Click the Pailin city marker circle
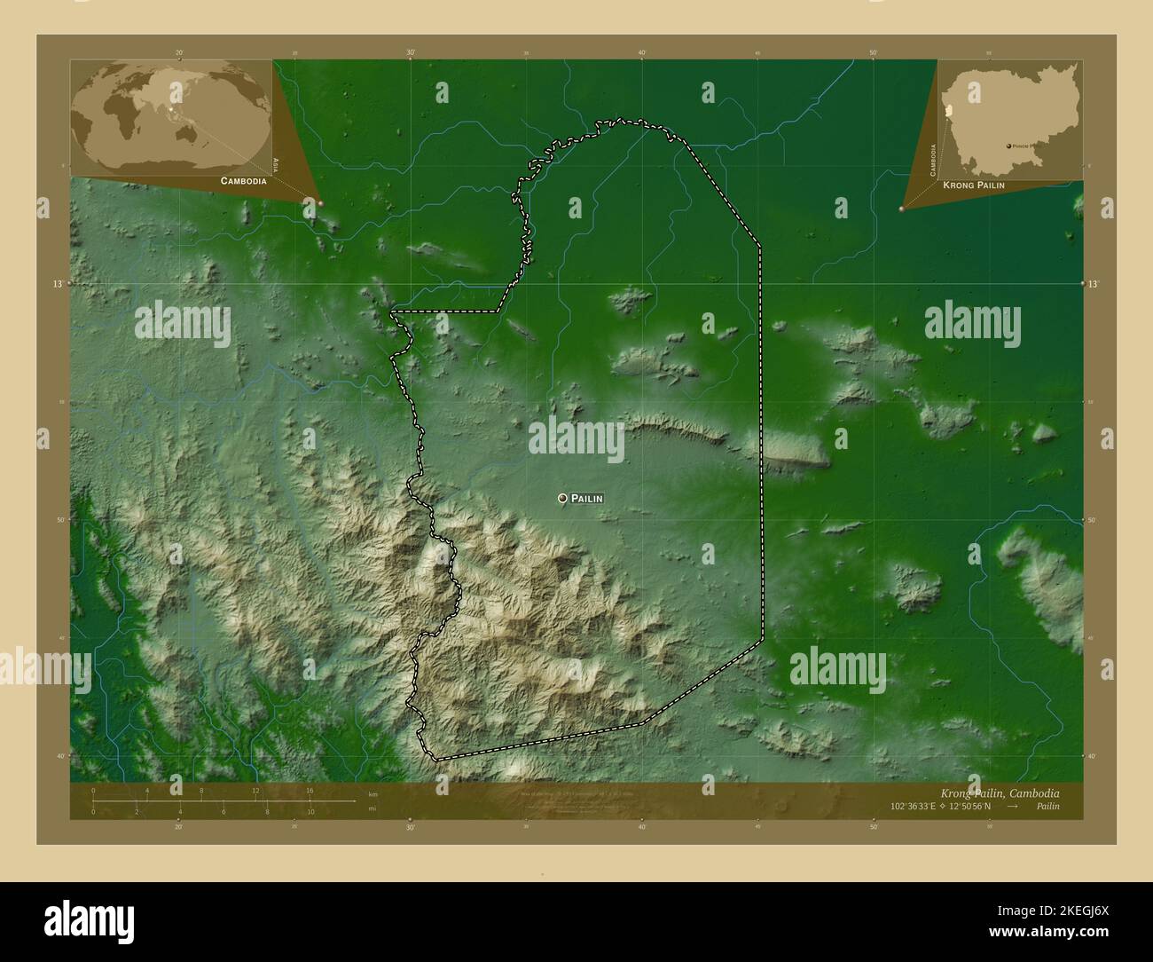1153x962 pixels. (x=562, y=499)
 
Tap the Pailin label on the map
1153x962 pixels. (x=587, y=499)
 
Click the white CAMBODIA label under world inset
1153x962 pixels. (x=237, y=180)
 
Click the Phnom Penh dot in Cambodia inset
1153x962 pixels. (x=1008, y=146)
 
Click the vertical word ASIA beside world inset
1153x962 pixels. (x=277, y=164)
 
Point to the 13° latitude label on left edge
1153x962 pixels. (x=57, y=284)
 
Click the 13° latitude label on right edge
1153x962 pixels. (x=1094, y=284)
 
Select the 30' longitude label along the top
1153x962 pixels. (x=411, y=53)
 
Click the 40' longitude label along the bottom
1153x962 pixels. (x=641, y=826)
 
